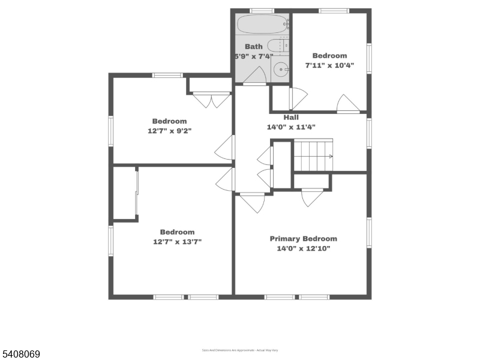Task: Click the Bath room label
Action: [253, 46]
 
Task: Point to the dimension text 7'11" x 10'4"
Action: [329, 65]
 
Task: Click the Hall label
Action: [291, 118]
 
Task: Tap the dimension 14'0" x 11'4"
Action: [291, 127]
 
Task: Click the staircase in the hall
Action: [313, 155]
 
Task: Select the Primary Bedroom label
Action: [303, 238]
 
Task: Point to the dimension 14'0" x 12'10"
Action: [303, 248]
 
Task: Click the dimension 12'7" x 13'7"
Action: [177, 242]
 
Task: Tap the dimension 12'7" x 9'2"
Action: [169, 131]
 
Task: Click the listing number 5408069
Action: [21, 355]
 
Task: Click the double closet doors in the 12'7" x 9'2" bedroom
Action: [212, 100]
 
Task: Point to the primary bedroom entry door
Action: [253, 202]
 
